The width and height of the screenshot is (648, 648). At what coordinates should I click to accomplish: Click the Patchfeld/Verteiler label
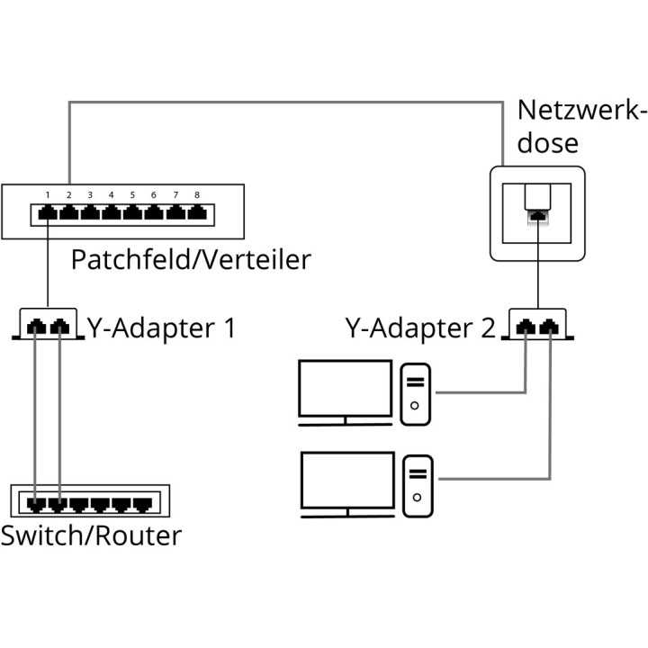click(x=190, y=260)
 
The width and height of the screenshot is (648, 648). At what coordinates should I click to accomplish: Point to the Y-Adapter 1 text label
click(x=161, y=327)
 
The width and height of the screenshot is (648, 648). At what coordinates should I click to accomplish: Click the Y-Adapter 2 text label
click(x=420, y=327)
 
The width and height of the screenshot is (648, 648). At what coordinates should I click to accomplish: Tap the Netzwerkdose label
click(x=581, y=127)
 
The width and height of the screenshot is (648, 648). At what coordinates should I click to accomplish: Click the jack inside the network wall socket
click(x=537, y=213)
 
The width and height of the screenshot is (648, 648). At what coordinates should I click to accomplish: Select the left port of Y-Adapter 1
click(x=37, y=326)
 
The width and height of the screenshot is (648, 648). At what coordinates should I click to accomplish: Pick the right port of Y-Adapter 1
click(x=59, y=326)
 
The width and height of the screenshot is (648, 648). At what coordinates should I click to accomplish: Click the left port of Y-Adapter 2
click(x=526, y=326)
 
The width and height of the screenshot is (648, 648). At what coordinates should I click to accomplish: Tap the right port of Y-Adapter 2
click(x=548, y=326)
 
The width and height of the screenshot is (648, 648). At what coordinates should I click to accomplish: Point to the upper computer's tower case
click(x=415, y=392)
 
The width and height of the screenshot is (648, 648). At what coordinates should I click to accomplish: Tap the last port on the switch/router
click(x=143, y=502)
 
